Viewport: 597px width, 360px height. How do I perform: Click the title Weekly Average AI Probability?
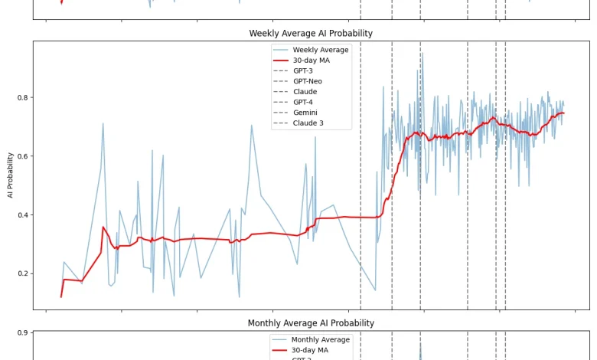(x=311, y=34)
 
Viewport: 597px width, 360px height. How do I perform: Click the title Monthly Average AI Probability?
(x=311, y=323)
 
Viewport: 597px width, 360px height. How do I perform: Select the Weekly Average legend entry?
(x=320, y=50)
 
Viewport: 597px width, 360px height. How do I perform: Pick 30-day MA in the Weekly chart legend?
(x=311, y=61)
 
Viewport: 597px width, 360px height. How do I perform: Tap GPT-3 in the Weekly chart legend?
(x=302, y=70)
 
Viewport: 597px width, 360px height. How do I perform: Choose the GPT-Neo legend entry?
(x=307, y=81)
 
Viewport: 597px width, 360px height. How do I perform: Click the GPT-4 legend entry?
(x=302, y=102)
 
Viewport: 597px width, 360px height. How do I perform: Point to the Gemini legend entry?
(x=305, y=113)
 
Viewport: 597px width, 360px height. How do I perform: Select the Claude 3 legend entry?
(x=308, y=123)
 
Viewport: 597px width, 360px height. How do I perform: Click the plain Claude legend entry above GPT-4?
(x=305, y=92)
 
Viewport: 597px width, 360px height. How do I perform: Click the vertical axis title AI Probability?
(x=10, y=175)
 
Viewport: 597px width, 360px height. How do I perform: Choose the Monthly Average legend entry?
(x=320, y=339)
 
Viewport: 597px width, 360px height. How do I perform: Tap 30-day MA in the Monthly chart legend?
(x=309, y=350)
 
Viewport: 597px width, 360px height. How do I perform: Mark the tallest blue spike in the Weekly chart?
(x=420, y=54)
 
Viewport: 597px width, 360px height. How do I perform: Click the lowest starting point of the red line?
(x=61, y=296)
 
